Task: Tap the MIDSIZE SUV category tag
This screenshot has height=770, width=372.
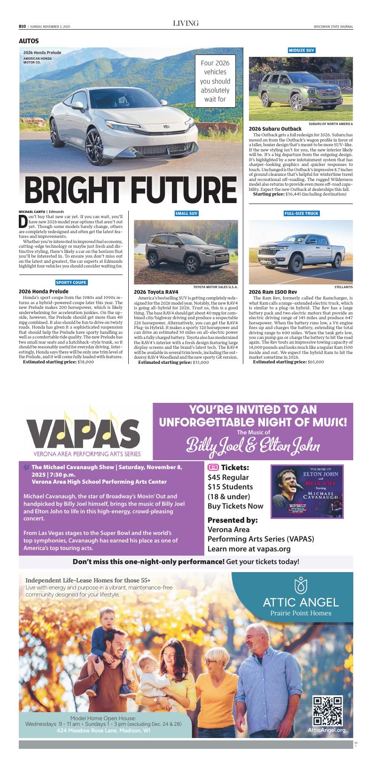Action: coord(301,50)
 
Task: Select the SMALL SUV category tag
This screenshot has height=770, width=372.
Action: coord(186,213)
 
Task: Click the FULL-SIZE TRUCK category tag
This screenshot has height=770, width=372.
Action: coord(301,213)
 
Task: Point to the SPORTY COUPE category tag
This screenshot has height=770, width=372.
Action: coord(71,283)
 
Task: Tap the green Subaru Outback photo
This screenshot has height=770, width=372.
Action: coord(301,88)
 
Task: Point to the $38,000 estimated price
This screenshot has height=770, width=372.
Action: coord(85,362)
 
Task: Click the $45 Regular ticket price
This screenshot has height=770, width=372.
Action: coord(228,477)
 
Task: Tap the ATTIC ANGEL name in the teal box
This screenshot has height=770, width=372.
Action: coord(301,602)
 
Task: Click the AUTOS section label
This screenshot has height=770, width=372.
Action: coord(29,41)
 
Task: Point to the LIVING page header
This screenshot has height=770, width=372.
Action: coord(186,23)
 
